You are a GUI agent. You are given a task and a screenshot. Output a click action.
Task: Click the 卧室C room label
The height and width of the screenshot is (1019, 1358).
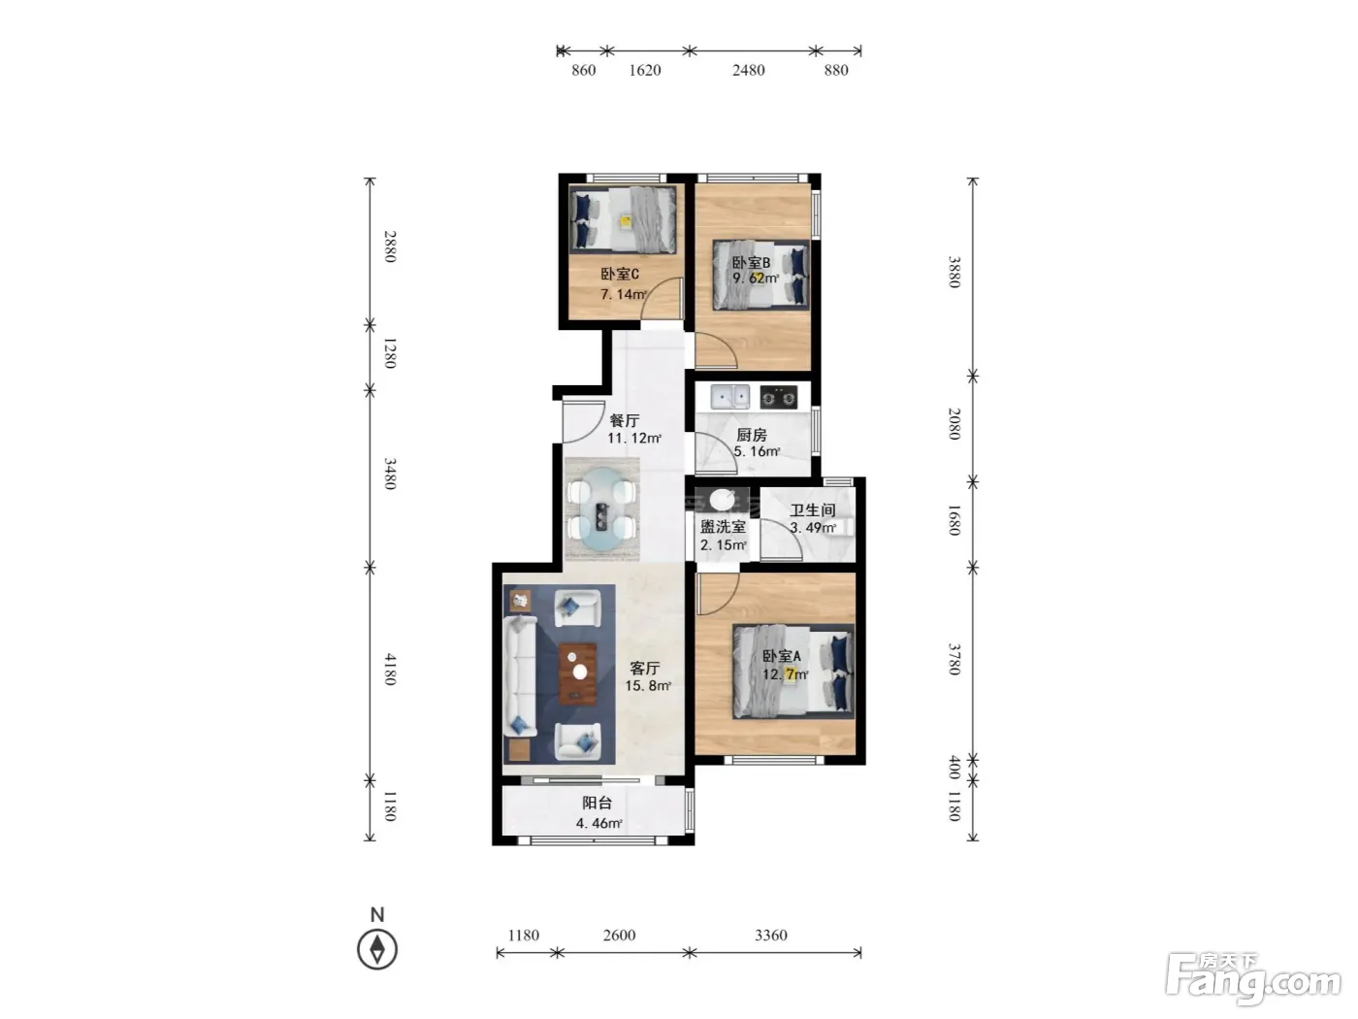(619, 274)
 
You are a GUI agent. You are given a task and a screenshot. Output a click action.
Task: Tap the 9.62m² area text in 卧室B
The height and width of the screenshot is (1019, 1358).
(756, 279)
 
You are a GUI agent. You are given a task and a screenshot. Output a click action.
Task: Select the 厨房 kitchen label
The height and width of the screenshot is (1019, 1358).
(751, 435)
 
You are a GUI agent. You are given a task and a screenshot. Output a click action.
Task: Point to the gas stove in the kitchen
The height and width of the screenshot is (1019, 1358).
(778, 397)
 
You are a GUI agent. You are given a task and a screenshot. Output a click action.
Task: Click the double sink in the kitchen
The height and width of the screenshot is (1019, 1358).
(730, 397)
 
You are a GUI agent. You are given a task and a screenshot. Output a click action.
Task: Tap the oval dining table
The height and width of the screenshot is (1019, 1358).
(602, 509)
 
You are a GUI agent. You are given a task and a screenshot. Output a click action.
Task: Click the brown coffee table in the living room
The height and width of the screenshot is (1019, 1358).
(578, 674)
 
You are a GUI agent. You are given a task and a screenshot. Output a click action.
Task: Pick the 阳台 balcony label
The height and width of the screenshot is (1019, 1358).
(597, 804)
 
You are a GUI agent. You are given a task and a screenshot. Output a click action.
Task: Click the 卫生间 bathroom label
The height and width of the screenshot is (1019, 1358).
(812, 509)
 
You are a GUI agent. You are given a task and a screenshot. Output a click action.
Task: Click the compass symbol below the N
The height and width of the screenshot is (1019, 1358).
(377, 949)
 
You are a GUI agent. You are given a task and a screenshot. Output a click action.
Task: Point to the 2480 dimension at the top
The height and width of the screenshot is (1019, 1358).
(749, 71)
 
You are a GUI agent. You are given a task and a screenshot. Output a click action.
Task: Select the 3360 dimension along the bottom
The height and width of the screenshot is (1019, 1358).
(771, 935)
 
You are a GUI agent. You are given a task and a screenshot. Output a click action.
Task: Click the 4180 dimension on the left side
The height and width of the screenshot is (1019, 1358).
(390, 669)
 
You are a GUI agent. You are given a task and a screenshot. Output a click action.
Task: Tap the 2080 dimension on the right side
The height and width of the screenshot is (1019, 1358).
(954, 424)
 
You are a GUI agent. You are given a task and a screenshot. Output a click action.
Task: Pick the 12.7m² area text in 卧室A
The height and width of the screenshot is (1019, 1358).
(785, 674)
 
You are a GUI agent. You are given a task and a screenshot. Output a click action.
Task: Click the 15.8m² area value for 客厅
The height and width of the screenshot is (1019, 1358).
(648, 685)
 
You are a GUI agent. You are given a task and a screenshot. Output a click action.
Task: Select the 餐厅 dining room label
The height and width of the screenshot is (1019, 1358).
(625, 420)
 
